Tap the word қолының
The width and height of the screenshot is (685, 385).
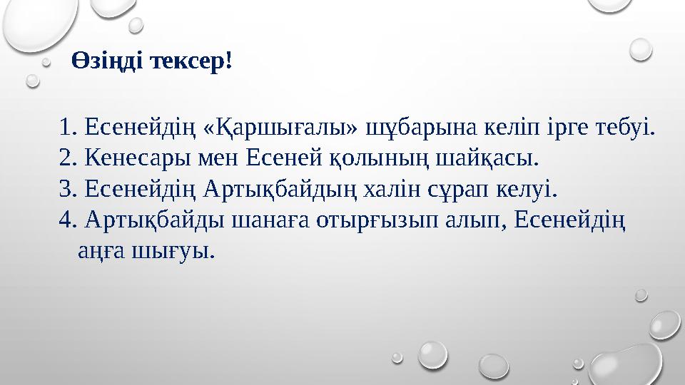coord(380,160)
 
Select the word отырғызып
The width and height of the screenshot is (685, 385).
coord(367,222)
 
